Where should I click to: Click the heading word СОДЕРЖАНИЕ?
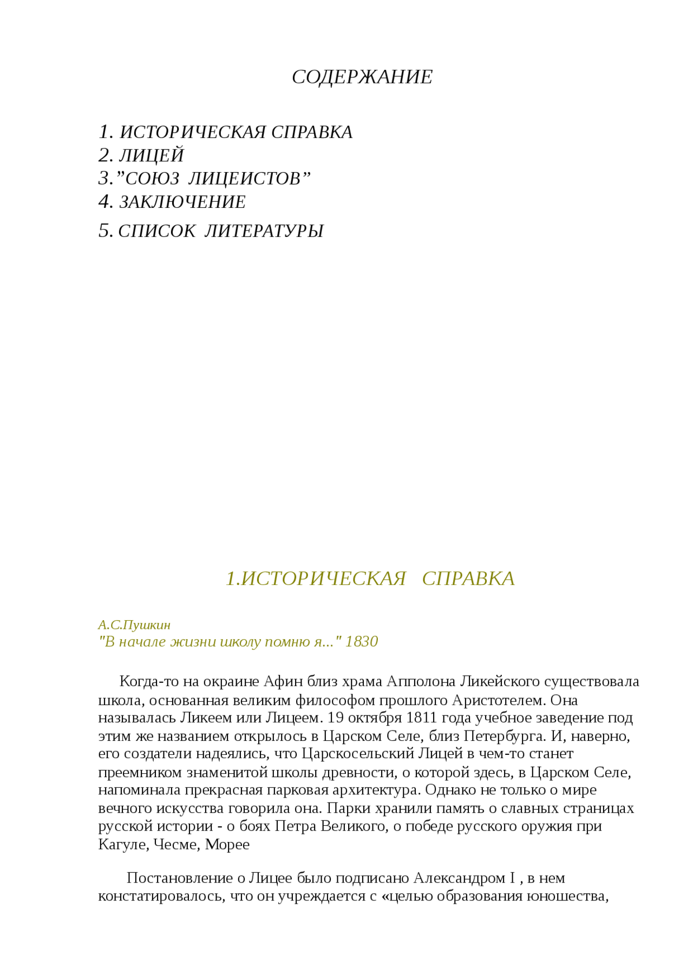(362, 77)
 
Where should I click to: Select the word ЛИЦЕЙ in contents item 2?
(152, 156)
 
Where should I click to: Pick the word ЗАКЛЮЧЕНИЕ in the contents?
(182, 202)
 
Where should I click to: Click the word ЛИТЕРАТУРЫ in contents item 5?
(264, 231)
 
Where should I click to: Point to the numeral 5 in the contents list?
(104, 231)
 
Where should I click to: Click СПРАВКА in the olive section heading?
(468, 579)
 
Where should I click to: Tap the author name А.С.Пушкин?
(134, 625)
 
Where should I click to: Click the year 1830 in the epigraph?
(361, 642)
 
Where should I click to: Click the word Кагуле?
(123, 844)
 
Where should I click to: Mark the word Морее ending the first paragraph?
(227, 844)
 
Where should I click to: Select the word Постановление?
(180, 878)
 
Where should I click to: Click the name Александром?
(459, 878)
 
